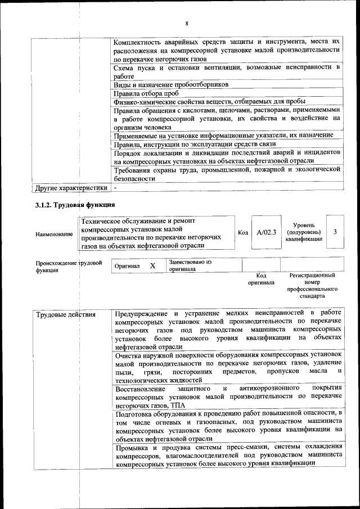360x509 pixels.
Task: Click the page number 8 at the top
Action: [x=186, y=23]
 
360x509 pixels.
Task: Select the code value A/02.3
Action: [x=266, y=232]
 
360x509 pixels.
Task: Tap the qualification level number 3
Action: [x=335, y=232]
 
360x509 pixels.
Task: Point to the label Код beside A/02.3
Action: [x=242, y=232]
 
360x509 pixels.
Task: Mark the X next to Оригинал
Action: [x=152, y=265]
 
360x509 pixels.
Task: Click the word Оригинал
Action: [x=127, y=265]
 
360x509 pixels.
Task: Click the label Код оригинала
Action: [x=261, y=279]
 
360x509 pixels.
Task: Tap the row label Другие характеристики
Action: [x=71, y=187]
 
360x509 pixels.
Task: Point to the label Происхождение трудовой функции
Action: [x=69, y=267]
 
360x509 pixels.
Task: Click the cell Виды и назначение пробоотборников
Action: [x=171, y=84]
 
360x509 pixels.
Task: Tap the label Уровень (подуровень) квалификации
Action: [x=304, y=232]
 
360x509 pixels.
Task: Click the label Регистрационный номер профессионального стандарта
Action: [x=312, y=285]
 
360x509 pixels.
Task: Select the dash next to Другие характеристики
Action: [x=115, y=187]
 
